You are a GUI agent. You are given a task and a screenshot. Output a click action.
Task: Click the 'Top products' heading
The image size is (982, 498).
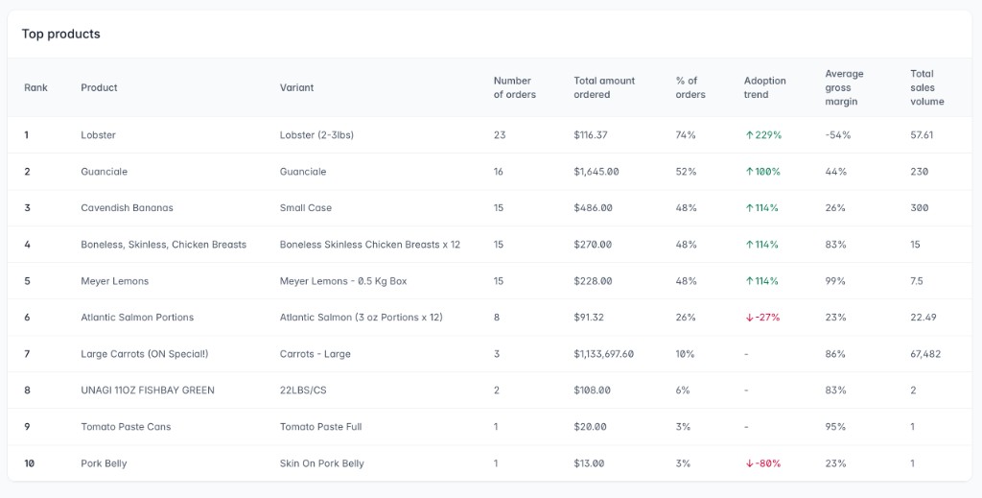(61, 34)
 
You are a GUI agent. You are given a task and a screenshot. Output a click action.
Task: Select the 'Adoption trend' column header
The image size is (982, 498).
(764, 87)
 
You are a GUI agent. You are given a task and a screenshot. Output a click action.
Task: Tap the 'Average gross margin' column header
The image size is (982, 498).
(844, 87)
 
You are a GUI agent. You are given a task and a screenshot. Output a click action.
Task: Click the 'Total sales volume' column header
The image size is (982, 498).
(927, 87)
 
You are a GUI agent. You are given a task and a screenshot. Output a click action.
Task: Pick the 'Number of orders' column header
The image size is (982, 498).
(514, 87)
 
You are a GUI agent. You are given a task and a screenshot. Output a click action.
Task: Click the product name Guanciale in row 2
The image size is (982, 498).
(104, 172)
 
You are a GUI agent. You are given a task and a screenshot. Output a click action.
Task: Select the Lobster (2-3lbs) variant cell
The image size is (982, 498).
(316, 135)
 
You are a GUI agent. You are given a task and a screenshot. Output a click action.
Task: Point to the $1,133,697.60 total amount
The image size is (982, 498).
(603, 354)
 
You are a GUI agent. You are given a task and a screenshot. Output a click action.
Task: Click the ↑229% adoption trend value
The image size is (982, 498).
(763, 135)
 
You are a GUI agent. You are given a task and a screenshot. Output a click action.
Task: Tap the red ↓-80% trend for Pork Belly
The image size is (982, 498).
(763, 463)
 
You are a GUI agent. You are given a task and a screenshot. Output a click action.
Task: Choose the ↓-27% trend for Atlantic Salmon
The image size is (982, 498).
(763, 318)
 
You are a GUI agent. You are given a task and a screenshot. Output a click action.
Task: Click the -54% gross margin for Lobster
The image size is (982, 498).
(837, 135)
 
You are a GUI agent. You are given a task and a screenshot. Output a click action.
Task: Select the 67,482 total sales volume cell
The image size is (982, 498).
(925, 354)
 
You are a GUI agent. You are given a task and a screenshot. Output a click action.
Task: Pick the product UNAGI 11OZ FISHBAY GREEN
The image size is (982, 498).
(148, 391)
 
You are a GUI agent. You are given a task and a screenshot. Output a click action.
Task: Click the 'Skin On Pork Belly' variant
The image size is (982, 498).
(322, 463)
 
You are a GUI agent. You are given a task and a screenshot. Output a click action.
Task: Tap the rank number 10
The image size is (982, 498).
(30, 463)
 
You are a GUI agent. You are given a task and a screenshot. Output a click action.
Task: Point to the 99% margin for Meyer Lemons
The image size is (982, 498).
(835, 281)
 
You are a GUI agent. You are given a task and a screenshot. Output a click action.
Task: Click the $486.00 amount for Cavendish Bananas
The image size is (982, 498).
(594, 208)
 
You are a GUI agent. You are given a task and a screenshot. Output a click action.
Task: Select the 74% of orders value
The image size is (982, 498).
(686, 135)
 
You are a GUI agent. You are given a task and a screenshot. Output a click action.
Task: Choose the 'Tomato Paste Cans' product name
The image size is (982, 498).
(126, 427)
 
